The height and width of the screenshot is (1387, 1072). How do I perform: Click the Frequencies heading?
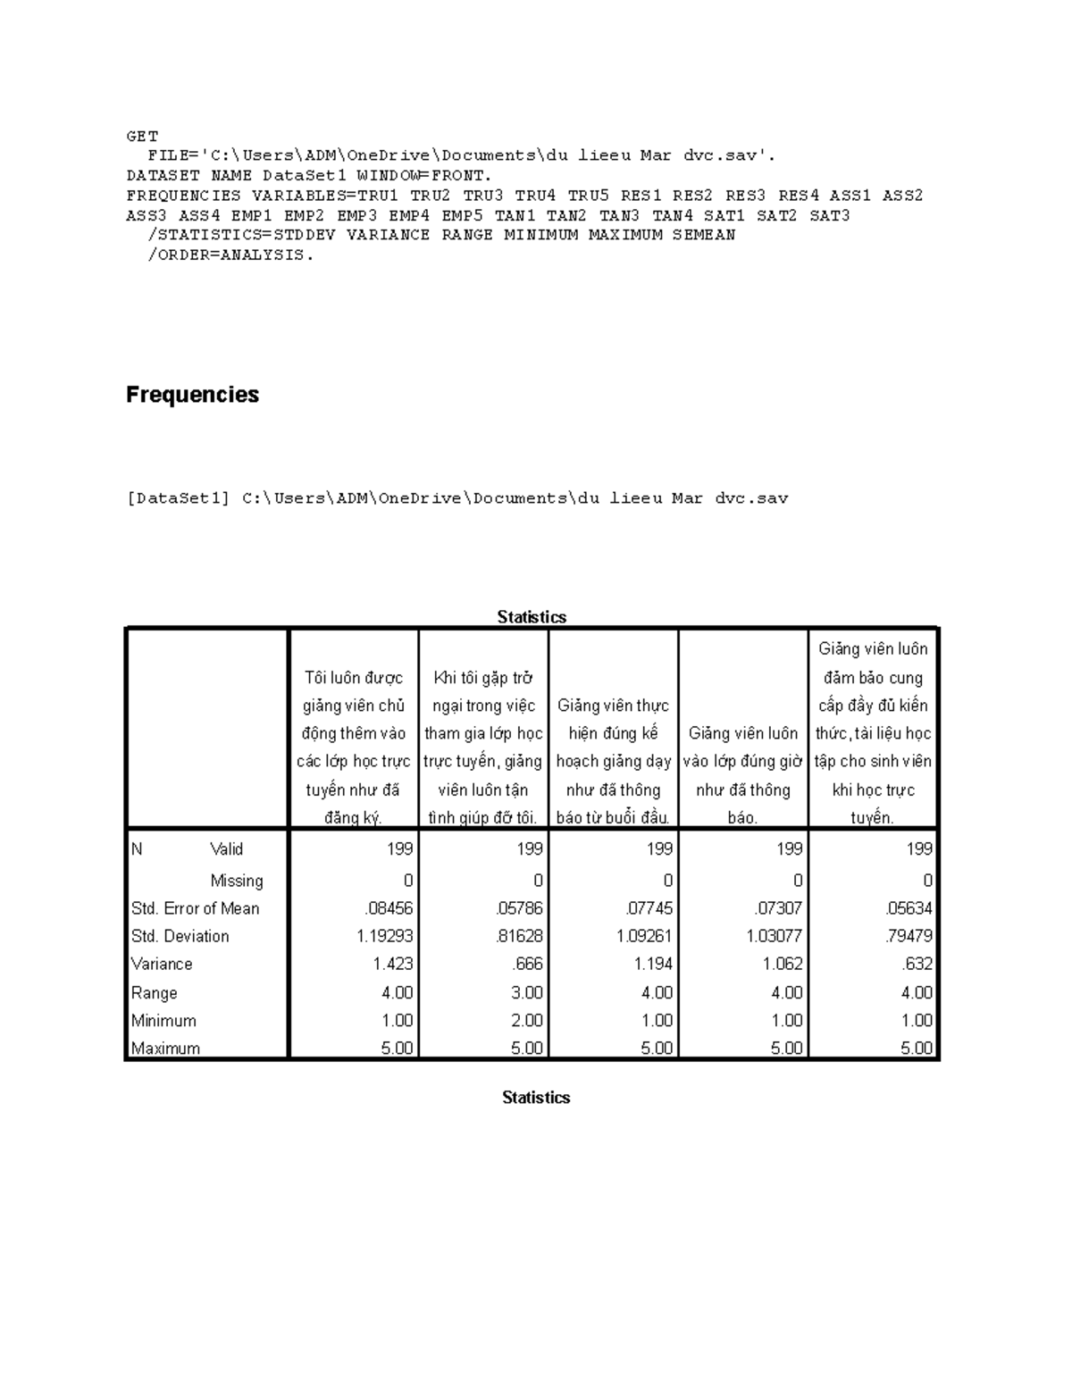point(192,395)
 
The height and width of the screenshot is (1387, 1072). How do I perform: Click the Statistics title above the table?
point(532,617)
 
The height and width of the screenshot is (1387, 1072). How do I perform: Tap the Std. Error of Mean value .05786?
point(519,908)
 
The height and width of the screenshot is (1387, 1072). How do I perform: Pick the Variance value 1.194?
point(652,964)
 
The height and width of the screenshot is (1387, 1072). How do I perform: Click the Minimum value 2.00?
point(526,1020)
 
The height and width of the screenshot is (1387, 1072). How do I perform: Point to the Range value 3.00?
point(526,992)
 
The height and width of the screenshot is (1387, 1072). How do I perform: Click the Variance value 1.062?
point(783,964)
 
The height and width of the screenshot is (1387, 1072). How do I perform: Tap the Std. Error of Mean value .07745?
point(649,908)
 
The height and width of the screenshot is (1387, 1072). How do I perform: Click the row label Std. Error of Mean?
point(195,908)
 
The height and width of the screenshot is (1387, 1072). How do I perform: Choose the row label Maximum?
point(165,1049)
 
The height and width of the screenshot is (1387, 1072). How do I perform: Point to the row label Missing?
point(236,881)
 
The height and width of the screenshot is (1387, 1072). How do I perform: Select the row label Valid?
point(226,849)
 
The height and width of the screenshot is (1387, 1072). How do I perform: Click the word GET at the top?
point(142,137)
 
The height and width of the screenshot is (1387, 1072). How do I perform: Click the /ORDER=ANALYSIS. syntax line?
point(230,255)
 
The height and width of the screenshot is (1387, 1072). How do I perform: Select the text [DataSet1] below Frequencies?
point(179,498)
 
